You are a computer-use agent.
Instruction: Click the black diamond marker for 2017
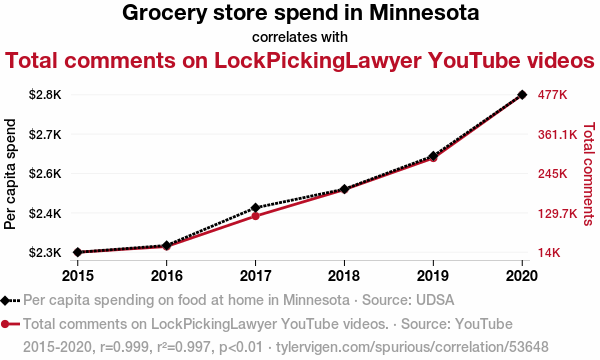pos(255,208)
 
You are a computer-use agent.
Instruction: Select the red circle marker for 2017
pos(255,216)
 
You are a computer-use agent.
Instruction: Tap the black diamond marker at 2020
pos(522,94)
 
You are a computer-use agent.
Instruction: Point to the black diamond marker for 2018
pos(344,189)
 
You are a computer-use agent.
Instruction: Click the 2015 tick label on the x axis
pos(78,276)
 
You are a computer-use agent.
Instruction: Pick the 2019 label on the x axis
pos(433,276)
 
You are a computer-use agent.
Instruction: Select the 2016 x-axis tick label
pos(166,276)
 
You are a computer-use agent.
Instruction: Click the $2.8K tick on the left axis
pos(45,94)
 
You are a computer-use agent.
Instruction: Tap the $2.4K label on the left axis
pos(45,213)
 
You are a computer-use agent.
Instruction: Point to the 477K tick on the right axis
pos(552,94)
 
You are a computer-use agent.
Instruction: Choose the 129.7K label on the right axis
pos(557,213)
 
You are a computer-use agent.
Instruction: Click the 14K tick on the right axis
pos(549,252)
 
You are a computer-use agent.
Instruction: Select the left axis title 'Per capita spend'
pos(10,174)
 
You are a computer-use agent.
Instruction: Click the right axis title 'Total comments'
pos(589,174)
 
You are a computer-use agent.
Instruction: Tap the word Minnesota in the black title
pos(424,13)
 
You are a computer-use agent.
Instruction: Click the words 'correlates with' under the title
pos(300,37)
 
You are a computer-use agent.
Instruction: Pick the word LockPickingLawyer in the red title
pos(318,60)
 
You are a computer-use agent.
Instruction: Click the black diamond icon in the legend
pos(5,300)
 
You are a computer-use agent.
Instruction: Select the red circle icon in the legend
pos(5,324)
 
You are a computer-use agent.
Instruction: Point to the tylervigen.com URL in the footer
pos(412,347)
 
